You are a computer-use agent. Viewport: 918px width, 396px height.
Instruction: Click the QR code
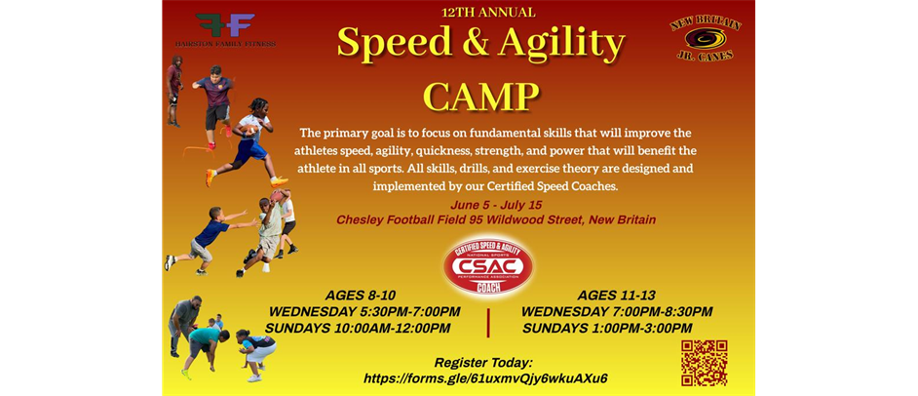pos(704,363)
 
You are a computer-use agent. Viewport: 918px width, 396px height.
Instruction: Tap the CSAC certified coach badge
pos(487,265)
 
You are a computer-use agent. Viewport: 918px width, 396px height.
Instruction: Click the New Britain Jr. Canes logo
pos(706,38)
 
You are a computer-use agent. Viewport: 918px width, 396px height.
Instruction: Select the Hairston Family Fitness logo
pos(225,30)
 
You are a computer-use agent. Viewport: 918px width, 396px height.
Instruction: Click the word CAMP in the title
pos(481,97)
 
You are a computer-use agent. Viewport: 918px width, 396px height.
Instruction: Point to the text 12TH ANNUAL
pos(488,13)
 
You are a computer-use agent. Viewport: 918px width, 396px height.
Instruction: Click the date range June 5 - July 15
pos(496,205)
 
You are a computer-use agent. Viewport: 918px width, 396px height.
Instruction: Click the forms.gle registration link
pos(485,378)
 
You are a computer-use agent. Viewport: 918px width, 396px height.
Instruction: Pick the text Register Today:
pos(485,362)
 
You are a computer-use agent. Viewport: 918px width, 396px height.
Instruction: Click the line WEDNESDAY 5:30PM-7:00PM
pos(364,312)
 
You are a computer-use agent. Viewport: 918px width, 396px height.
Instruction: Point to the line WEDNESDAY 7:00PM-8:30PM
pos(617,312)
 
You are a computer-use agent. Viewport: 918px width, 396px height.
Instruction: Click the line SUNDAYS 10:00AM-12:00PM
pos(358,329)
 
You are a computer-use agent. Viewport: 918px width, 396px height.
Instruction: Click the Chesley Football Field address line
pos(496,220)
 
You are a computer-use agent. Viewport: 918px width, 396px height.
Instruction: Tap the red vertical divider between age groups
pos(488,321)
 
